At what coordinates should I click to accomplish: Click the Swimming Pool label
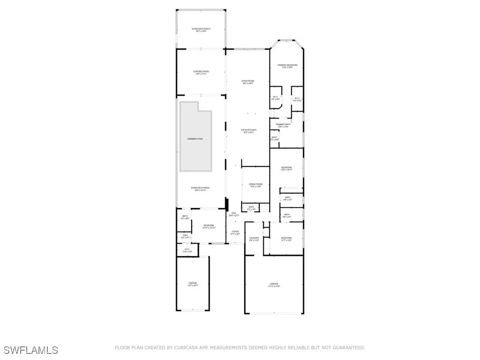195,139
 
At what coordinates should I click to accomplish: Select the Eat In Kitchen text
247,131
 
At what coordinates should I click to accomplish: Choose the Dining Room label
255,185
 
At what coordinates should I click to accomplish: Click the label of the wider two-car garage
274,285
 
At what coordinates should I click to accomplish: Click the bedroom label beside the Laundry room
286,239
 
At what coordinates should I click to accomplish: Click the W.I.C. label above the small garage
187,251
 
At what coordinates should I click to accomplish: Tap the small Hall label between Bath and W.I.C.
185,236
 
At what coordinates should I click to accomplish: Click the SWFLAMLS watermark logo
31,350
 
